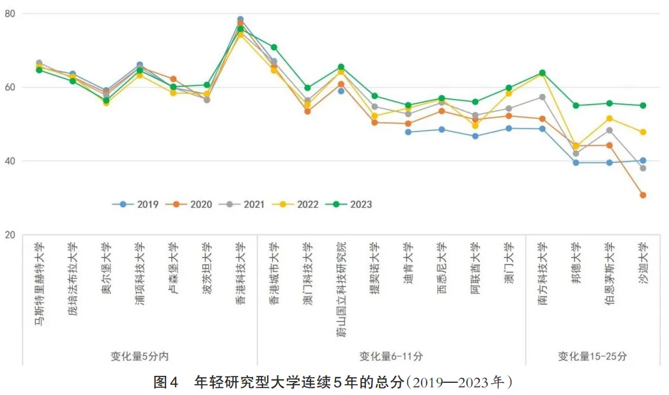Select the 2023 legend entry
(353, 205)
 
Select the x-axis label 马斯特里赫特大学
(39, 284)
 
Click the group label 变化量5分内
(139, 356)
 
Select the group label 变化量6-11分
(390, 356)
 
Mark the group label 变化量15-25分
(592, 356)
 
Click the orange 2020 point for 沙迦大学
(643, 195)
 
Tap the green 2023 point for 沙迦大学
(643, 105)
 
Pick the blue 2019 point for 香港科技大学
(240, 19)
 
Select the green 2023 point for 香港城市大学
(274, 47)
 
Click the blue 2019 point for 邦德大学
(576, 162)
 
